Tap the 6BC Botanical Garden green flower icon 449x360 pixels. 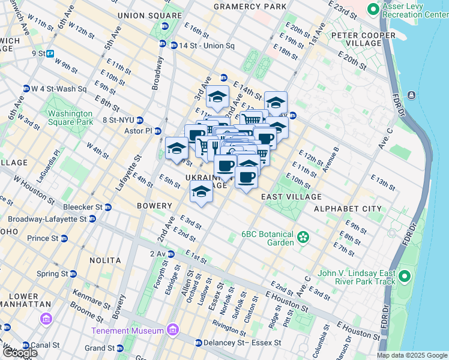point(303,238)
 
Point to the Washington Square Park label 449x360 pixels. point(71,117)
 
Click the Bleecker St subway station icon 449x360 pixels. point(108,208)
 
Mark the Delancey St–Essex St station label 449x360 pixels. point(244,343)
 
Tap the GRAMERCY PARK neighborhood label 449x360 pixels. point(250,6)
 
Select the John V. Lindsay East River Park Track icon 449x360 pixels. point(404,277)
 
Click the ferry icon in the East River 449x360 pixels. point(412,95)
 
